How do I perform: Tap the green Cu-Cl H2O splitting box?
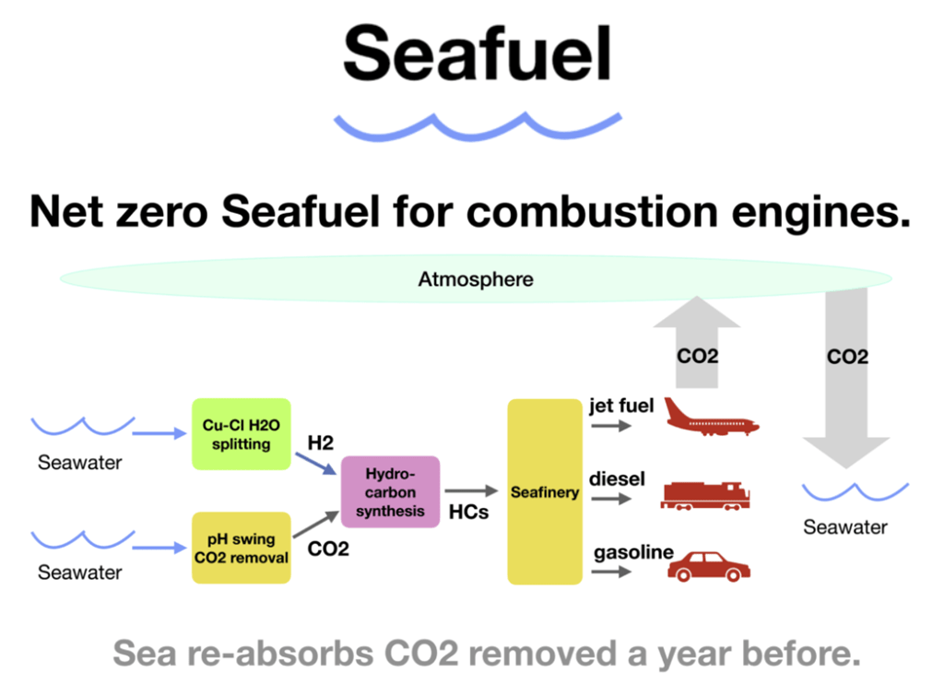point(241,434)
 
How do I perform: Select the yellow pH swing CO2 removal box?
point(241,548)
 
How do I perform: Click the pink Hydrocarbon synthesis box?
point(390,492)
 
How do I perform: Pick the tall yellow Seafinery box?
point(545,491)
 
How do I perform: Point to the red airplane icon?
point(711,417)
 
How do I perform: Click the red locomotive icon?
point(705,496)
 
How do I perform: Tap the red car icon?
point(709,567)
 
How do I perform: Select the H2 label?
point(320,443)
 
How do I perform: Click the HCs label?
point(469,512)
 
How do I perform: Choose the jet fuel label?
point(621,406)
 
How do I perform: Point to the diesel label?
point(617,478)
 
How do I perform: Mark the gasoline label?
point(633,552)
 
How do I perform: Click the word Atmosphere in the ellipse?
point(476,279)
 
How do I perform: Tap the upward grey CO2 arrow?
point(697,342)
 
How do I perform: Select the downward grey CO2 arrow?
point(846,378)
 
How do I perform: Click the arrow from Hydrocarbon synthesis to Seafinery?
point(471,490)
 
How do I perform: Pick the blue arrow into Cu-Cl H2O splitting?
point(159,433)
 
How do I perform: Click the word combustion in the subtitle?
point(592,212)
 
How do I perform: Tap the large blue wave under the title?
point(478,127)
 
